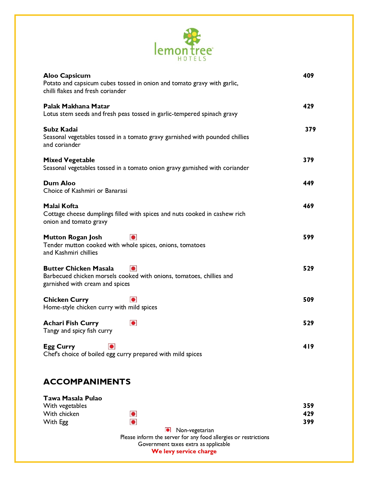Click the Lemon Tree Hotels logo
pyautogui.click(x=184, y=45)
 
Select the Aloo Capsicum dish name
pyautogui.click(x=67, y=76)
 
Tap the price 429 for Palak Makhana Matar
pyautogui.click(x=308, y=106)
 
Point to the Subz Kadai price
pyautogui.click(x=310, y=130)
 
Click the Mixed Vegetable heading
pyautogui.click(x=69, y=160)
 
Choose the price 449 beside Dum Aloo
pyautogui.click(x=308, y=183)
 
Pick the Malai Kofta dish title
pyautogui.click(x=61, y=206)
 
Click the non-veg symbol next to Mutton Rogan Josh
pyautogui.click(x=133, y=237)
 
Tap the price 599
pyautogui.click(x=308, y=237)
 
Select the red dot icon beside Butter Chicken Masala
pyautogui.click(x=133, y=269)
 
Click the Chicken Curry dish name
pyautogui.click(x=66, y=300)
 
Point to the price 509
pyautogui.click(x=308, y=300)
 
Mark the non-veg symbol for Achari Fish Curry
pyautogui.click(x=133, y=323)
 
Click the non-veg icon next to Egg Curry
pyautogui.click(x=112, y=346)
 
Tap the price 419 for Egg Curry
pyautogui.click(x=308, y=347)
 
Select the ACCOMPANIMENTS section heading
pyautogui.click(x=87, y=382)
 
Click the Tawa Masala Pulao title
pyautogui.click(x=72, y=398)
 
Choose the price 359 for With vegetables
pyautogui.click(x=308, y=406)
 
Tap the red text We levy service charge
pyautogui.click(x=184, y=452)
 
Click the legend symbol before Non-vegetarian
pyautogui.click(x=168, y=430)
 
